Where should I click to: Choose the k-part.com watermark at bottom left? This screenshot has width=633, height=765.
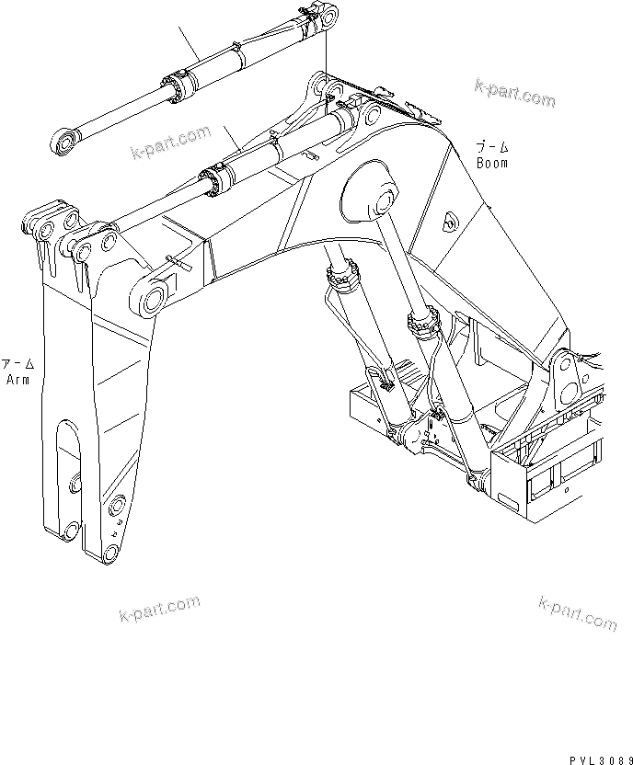159,609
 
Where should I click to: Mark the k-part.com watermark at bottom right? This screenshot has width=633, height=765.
578,611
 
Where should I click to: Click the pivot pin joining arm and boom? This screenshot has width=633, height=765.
153,298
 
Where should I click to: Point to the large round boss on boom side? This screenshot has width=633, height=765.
371,191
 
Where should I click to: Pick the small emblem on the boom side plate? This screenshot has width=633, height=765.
450,220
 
